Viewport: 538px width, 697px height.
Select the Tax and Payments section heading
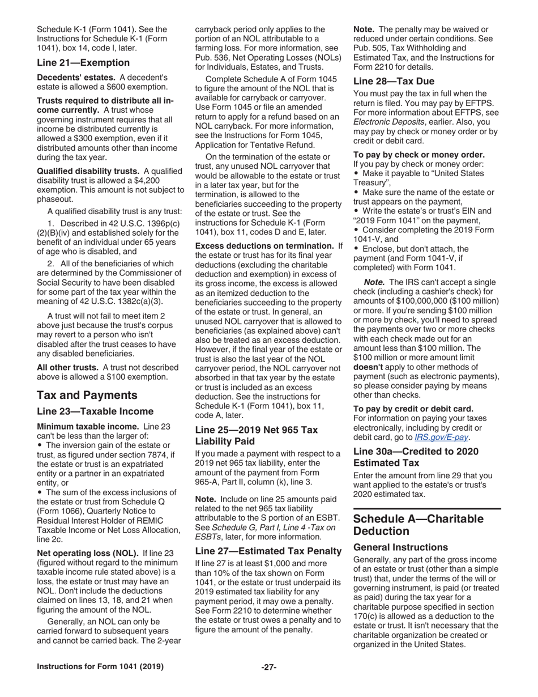[x=87, y=395]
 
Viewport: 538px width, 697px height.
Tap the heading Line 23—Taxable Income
[x=95, y=411]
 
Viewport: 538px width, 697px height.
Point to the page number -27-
[x=268, y=667]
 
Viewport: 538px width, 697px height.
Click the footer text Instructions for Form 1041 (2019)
[x=100, y=667]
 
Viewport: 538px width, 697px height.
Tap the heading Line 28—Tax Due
[x=391, y=80]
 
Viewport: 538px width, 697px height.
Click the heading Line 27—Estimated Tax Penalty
[x=268, y=550]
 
